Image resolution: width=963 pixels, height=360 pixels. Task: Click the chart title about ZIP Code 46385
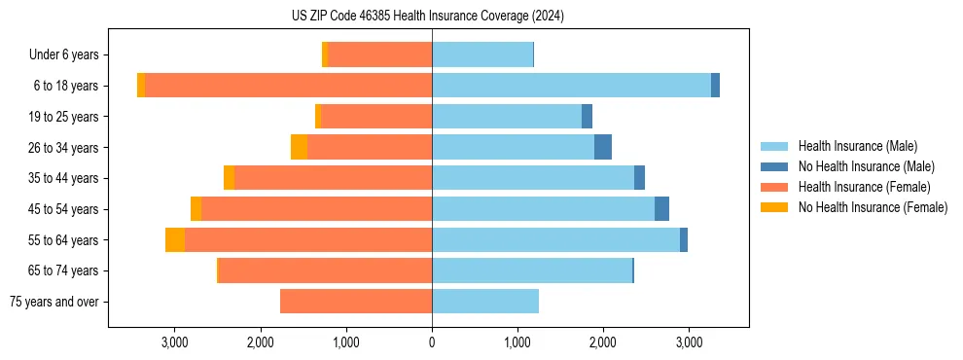(428, 16)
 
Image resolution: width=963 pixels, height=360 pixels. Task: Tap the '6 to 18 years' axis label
(66, 86)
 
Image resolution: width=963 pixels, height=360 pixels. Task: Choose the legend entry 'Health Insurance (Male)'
(857, 146)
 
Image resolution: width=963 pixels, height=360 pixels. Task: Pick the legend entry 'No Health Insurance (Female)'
(873, 207)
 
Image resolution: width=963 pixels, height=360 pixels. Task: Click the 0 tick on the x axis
(432, 342)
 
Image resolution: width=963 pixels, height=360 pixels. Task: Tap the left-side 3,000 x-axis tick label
(174, 342)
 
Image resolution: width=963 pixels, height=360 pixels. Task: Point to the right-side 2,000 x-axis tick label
(603, 342)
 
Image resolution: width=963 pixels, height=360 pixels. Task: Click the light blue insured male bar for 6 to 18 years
(571, 86)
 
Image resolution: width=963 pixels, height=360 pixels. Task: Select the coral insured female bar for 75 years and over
(356, 302)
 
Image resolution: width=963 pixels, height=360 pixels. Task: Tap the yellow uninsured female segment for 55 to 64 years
(175, 240)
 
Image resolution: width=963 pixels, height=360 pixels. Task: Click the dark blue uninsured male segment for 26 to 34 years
(603, 147)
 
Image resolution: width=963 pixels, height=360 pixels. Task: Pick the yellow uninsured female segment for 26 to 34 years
(299, 147)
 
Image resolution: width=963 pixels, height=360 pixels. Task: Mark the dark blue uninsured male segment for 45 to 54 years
(661, 209)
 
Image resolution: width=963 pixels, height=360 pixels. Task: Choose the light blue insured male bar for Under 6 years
(482, 55)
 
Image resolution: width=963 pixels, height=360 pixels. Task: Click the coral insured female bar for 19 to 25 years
(376, 117)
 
